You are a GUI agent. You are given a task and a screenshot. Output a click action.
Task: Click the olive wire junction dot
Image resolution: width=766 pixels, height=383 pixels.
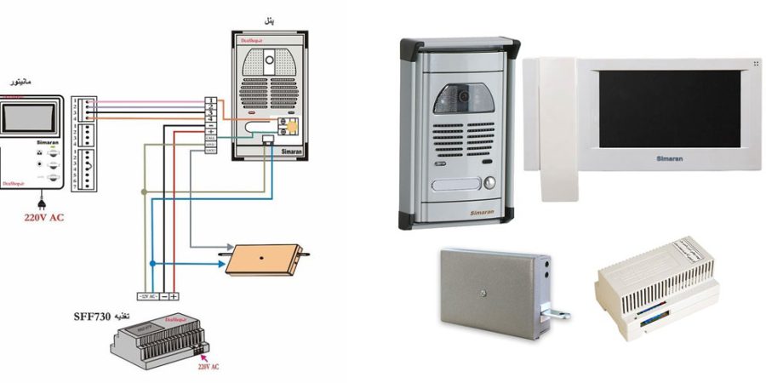tap(144, 195)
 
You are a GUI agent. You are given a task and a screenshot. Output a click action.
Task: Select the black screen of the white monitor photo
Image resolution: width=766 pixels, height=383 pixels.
tap(668, 106)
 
